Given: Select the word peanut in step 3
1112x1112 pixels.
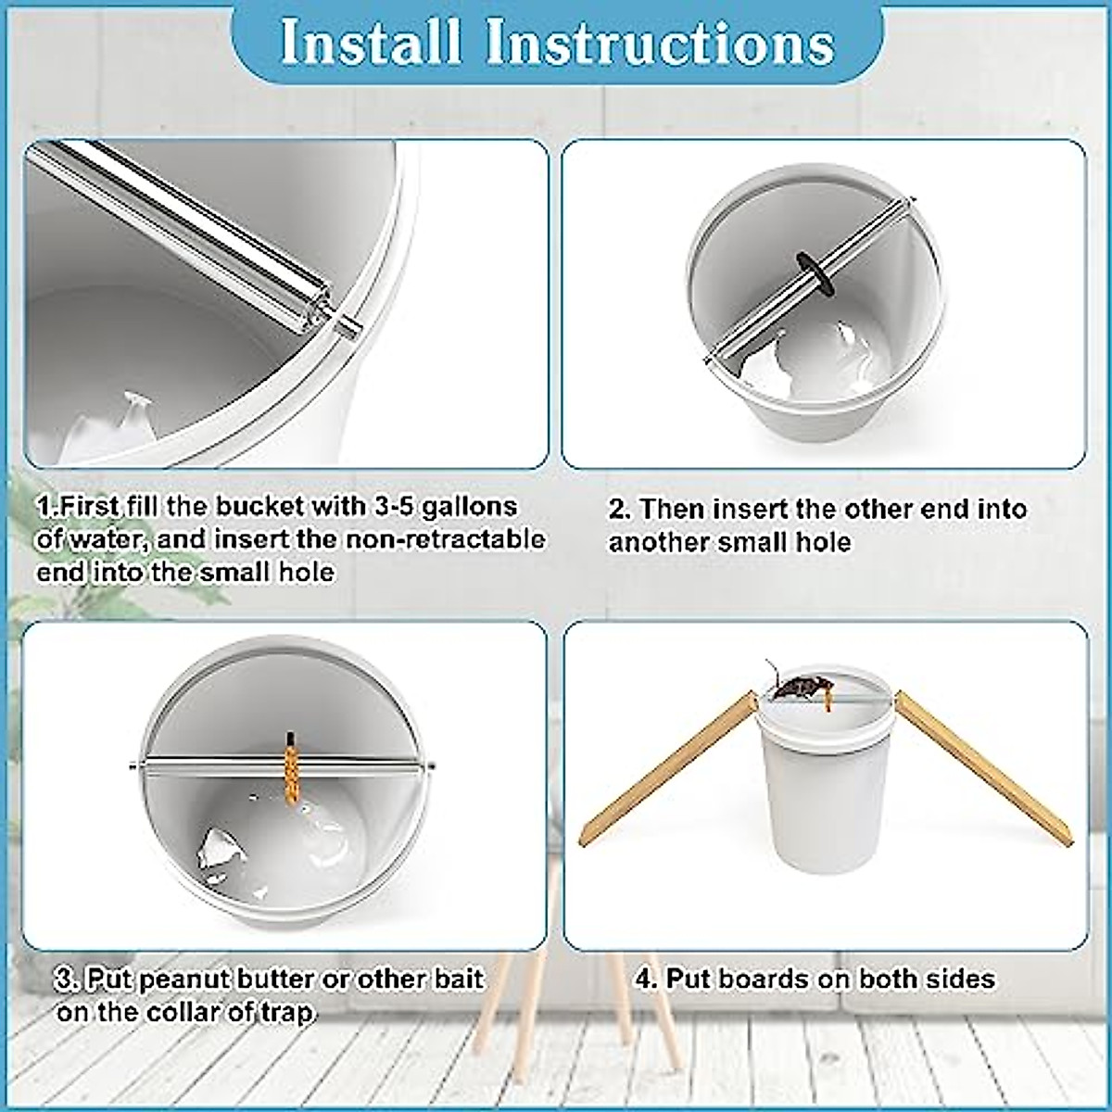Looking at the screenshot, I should (182, 979).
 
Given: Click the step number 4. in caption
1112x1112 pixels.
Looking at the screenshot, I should (646, 979).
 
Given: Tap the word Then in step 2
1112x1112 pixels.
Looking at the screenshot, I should (678, 509).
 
